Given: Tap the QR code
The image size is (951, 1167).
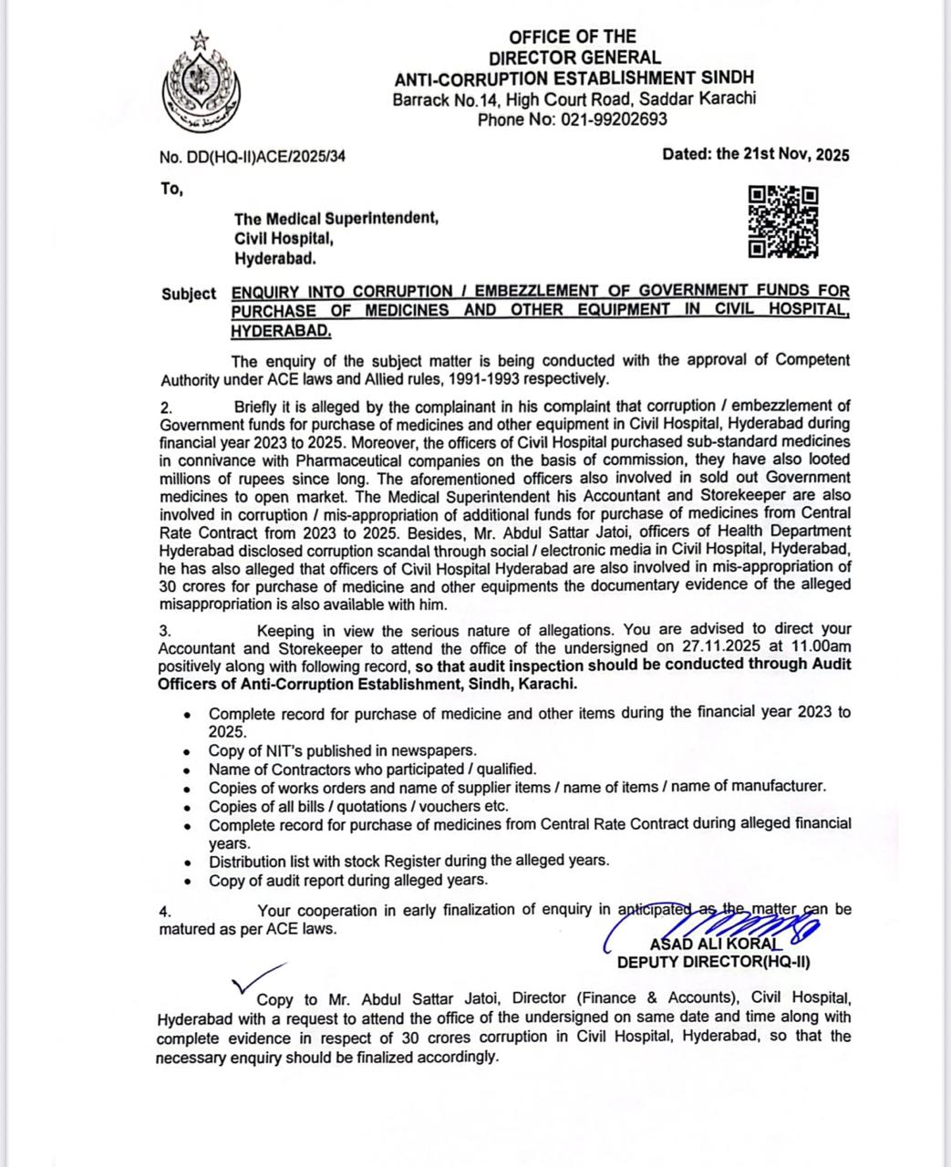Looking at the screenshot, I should pyautogui.click(x=783, y=222).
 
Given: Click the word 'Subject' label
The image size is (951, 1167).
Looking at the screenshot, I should pyautogui.click(x=189, y=294).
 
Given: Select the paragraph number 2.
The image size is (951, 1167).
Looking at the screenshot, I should pyautogui.click(x=164, y=407).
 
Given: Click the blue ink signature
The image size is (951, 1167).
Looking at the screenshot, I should pyautogui.click(x=720, y=928).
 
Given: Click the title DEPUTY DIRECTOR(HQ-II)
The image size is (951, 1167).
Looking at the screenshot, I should pyautogui.click(x=713, y=962).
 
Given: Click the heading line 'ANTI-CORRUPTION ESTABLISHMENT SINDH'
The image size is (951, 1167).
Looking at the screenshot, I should pyautogui.click(x=574, y=78).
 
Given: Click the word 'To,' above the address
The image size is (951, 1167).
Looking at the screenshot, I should pyautogui.click(x=171, y=189).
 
